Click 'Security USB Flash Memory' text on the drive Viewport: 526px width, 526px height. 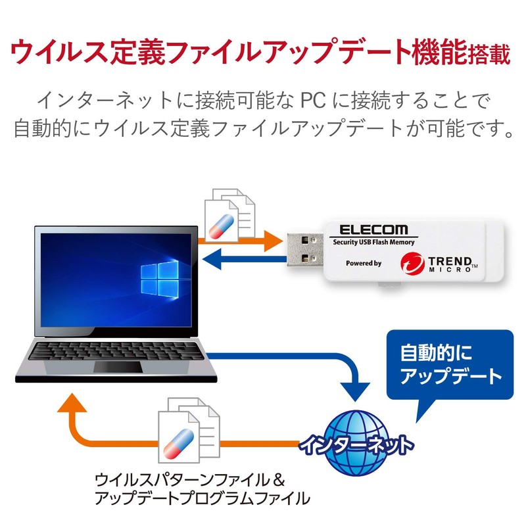(372, 243)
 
